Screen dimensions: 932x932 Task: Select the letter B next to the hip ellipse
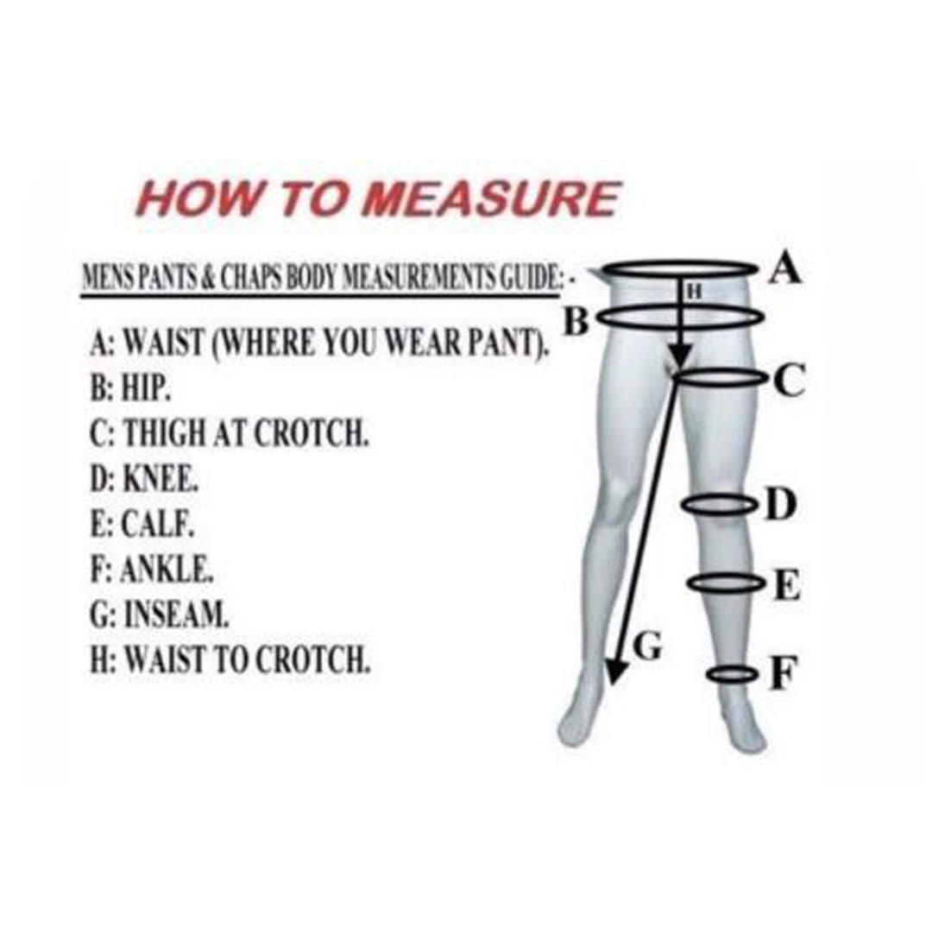[576, 322]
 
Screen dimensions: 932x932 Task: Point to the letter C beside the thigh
[790, 381]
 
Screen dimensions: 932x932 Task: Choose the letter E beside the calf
[787, 585]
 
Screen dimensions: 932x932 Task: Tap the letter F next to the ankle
[783, 673]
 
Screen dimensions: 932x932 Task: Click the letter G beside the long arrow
[646, 646]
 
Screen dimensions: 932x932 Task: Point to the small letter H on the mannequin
[694, 292]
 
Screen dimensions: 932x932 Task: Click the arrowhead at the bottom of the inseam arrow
[616, 671]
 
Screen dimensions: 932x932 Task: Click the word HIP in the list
[146, 388]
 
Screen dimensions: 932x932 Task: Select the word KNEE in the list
[161, 478]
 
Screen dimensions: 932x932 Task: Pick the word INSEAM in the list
[176, 614]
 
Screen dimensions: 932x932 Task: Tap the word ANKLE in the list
[166, 570]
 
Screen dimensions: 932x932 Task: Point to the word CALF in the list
[158, 525]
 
